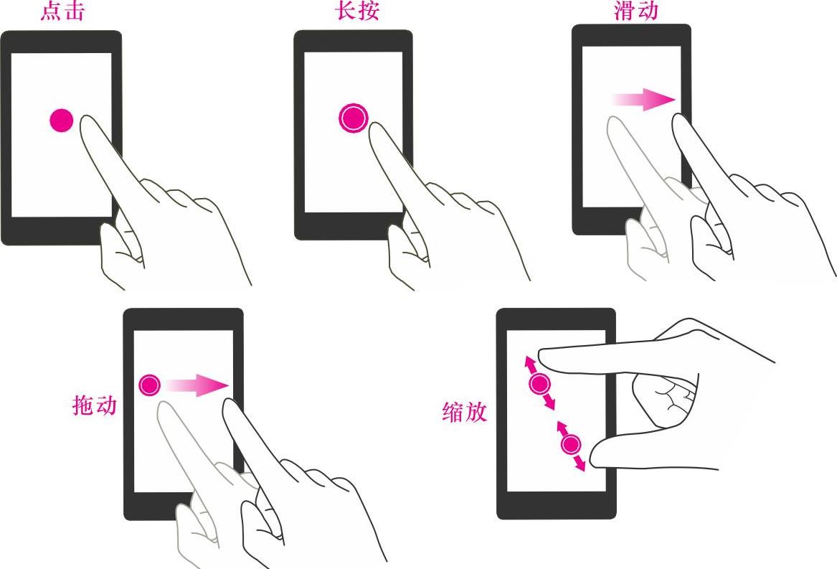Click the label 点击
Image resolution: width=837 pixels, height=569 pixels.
[62, 11]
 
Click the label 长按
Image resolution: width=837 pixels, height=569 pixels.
[358, 11]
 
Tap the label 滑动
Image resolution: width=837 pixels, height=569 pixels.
[635, 11]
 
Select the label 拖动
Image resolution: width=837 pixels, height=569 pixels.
[95, 405]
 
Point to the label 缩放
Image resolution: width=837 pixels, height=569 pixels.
[465, 412]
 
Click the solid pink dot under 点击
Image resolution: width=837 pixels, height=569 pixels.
[62, 121]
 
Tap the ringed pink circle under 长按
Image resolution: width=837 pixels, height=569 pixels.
[354, 118]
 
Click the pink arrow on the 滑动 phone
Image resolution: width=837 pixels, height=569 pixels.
[644, 99]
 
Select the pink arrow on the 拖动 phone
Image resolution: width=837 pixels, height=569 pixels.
[197, 385]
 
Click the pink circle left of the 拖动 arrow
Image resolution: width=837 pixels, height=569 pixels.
[149, 385]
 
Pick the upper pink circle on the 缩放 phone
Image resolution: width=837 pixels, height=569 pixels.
[539, 384]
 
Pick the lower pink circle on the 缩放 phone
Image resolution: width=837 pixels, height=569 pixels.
[571, 445]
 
